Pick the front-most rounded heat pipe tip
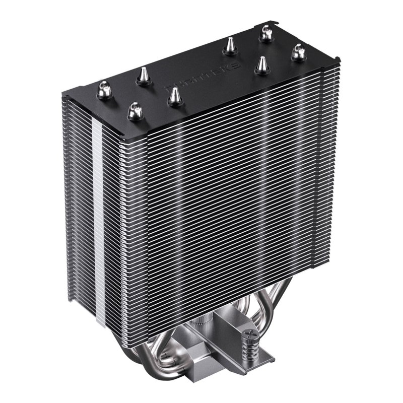point(135,109)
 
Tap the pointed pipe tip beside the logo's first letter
point(174,95)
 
